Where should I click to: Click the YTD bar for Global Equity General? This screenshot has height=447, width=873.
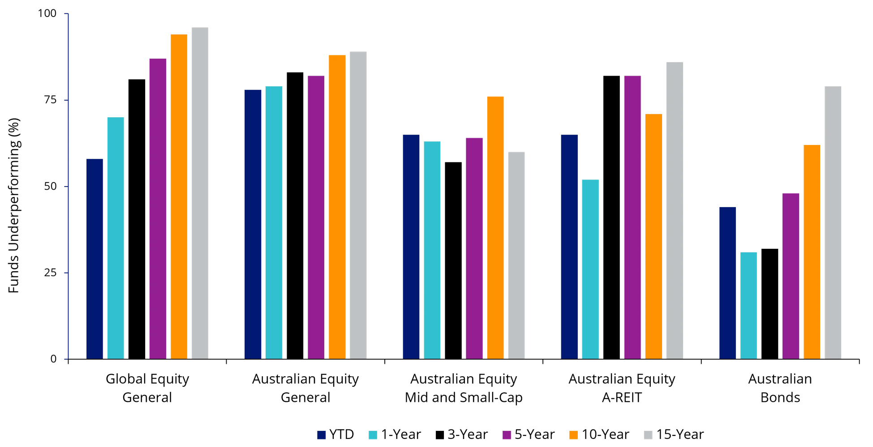click(95, 259)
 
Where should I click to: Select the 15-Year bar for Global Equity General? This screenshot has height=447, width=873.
click(200, 193)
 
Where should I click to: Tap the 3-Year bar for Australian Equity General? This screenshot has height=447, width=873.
click(295, 216)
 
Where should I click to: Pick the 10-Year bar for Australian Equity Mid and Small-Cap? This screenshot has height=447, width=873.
click(495, 228)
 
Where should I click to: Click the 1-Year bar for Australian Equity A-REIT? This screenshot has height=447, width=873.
click(590, 269)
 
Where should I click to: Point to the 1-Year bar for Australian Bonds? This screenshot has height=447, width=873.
click(748, 306)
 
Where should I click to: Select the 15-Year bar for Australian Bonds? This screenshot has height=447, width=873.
click(833, 223)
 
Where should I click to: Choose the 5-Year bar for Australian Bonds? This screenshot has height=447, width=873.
click(791, 276)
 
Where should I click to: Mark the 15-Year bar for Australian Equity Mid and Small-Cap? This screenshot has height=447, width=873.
click(516, 255)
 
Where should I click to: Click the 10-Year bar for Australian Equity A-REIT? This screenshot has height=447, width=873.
click(654, 237)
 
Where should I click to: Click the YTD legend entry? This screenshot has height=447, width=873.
click(335, 434)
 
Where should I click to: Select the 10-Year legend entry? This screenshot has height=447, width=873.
click(599, 434)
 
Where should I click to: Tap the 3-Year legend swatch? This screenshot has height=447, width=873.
click(440, 435)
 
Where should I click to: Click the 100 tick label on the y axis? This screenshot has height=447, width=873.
click(47, 13)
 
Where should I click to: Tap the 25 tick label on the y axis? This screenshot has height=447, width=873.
click(51, 272)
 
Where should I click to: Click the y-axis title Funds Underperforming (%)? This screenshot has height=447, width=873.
click(14, 205)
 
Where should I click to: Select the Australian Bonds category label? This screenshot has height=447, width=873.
click(780, 388)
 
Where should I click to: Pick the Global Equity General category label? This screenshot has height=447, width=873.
click(147, 388)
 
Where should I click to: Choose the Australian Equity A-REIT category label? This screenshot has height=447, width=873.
click(622, 388)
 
